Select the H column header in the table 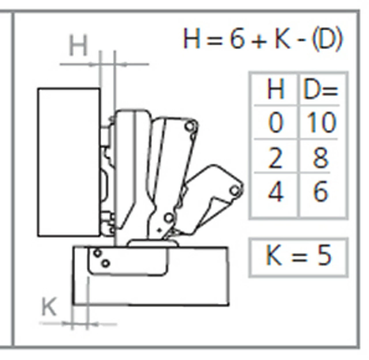276,89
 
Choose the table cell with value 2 275,158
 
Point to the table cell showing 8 321,158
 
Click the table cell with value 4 275,192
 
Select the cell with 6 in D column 321,192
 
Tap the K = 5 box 298,257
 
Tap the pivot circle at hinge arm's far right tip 235,190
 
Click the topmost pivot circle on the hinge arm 190,126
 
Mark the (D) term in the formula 327,39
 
